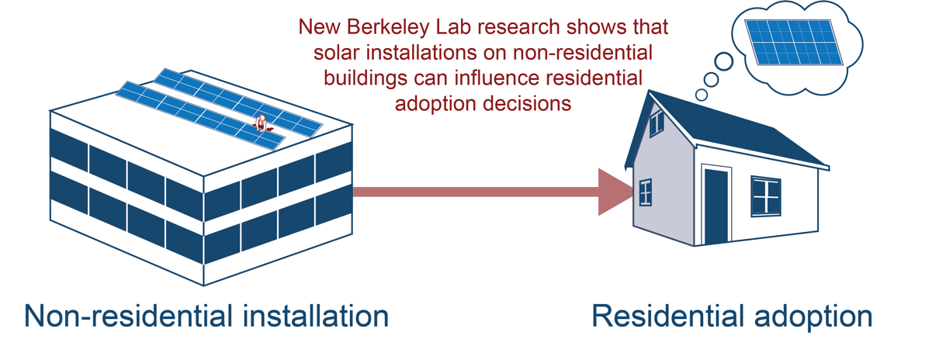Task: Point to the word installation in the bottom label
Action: (x=316, y=316)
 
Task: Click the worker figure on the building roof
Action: (x=262, y=123)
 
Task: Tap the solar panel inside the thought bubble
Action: (x=794, y=43)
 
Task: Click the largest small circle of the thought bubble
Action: (x=723, y=61)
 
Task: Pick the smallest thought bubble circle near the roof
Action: (x=702, y=95)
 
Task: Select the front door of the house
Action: (x=716, y=206)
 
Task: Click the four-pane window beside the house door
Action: (x=766, y=196)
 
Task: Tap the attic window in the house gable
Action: (x=657, y=122)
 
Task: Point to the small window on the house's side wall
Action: (x=646, y=192)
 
